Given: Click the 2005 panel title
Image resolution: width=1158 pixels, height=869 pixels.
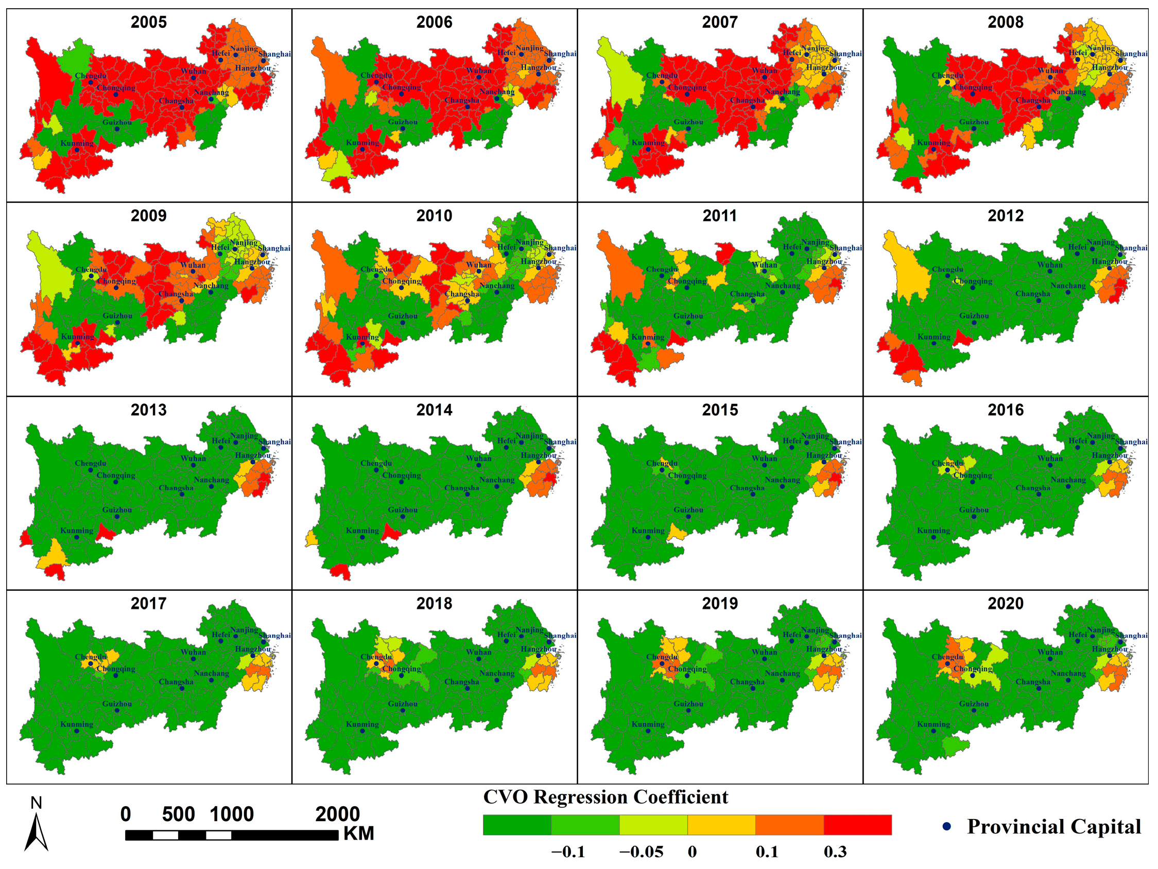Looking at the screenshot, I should click(149, 22).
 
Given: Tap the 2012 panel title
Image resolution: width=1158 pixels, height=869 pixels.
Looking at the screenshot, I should click(1005, 216).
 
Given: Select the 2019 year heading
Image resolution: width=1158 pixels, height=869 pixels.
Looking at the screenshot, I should click(720, 603).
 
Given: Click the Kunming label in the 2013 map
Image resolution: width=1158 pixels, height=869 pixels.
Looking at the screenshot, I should click(76, 531).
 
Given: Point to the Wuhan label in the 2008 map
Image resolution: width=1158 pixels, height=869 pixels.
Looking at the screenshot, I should click(1050, 71).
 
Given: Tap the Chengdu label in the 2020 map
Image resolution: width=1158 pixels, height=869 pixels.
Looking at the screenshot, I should click(947, 657).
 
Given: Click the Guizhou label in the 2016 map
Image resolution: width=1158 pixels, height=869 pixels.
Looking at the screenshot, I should click(974, 509).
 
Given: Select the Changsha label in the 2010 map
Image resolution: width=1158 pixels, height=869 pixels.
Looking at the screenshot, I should click(462, 294).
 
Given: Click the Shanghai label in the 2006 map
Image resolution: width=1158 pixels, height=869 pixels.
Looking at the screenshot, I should click(560, 54).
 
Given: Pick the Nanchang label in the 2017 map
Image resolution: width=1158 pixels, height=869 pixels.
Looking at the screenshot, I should click(211, 673).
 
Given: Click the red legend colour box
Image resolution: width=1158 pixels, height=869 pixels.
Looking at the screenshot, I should click(857, 825).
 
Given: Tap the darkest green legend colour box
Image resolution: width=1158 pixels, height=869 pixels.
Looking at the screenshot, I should click(517, 825).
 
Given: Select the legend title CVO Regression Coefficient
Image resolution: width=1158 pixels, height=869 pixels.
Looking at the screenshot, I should click(605, 797).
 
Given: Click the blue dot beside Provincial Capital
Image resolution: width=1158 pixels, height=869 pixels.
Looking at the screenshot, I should click(946, 827).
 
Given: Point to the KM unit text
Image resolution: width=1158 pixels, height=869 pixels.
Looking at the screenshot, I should click(358, 833).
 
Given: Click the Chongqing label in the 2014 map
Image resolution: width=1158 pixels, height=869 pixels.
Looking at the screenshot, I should click(402, 475).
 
